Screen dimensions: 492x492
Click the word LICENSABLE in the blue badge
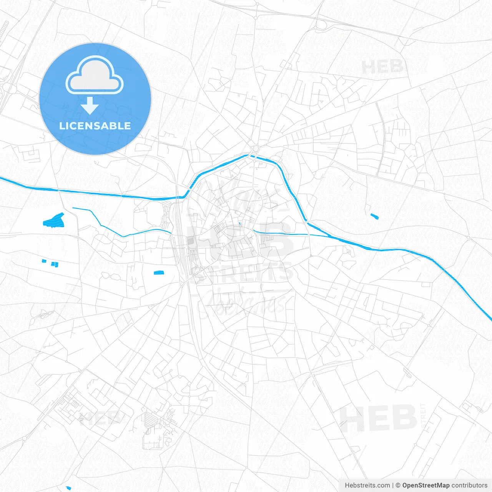pyautogui.click(x=95, y=126)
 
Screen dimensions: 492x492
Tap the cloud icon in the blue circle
pyautogui.click(x=95, y=75)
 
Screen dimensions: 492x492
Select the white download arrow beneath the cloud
pyautogui.click(x=90, y=105)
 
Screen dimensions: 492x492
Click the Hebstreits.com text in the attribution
pyautogui.click(x=367, y=485)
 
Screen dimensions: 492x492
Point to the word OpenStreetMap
pyautogui.click(x=426, y=485)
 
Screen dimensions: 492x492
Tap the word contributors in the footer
pyautogui.click(x=469, y=485)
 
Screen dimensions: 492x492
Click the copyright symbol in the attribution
pyautogui.click(x=398, y=485)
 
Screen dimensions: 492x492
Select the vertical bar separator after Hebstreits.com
pyautogui.click(x=392, y=485)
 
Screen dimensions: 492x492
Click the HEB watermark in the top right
pyautogui.click(x=382, y=67)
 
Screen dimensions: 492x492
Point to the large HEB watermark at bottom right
pyautogui.click(x=378, y=418)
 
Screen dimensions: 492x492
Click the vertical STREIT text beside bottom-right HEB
pyautogui.click(x=423, y=416)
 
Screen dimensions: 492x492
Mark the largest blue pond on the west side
pyautogui.click(x=53, y=220)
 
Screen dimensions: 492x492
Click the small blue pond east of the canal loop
pyautogui.click(x=374, y=216)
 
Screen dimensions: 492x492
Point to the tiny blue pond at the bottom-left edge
pyautogui.click(x=69, y=488)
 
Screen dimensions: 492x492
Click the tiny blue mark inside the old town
pyautogui.click(x=240, y=224)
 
